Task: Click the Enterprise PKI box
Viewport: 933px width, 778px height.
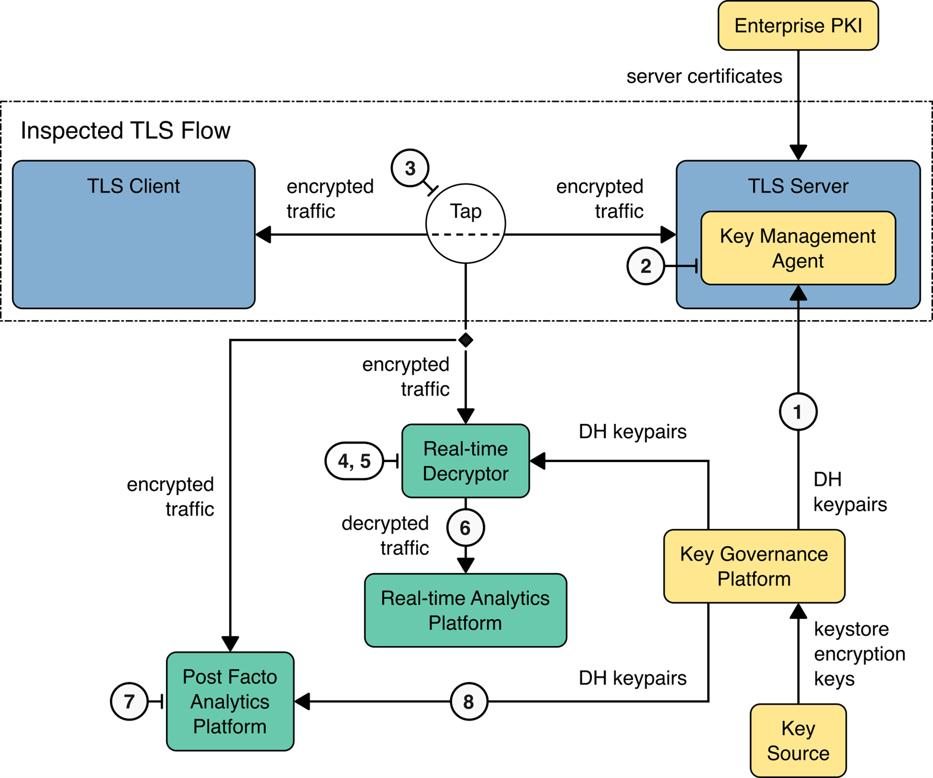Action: (798, 25)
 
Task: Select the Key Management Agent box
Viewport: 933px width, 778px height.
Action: (798, 248)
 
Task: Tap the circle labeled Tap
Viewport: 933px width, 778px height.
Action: (465, 223)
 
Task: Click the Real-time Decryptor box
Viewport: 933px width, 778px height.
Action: (465, 461)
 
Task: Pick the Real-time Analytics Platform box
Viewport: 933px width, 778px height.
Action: (465, 610)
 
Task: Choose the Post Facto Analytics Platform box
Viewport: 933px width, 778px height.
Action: (230, 701)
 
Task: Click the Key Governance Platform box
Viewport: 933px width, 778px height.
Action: (754, 566)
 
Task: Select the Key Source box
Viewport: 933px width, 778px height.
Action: (798, 740)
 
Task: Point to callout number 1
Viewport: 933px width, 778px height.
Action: (798, 412)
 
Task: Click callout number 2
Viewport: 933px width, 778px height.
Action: (646, 266)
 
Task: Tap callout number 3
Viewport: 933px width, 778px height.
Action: (410, 169)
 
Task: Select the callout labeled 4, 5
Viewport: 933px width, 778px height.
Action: (354, 461)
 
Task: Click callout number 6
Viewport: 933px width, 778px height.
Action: (465, 528)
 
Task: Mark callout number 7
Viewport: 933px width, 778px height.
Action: (129, 702)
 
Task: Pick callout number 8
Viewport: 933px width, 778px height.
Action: (469, 702)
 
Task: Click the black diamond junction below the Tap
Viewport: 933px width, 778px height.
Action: (465, 340)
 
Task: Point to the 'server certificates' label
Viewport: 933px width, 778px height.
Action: (704, 76)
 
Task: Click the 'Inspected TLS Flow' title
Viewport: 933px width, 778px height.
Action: (125, 131)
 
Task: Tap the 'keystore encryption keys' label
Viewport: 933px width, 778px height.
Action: (859, 654)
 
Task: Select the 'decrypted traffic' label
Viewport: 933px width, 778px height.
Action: (386, 535)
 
